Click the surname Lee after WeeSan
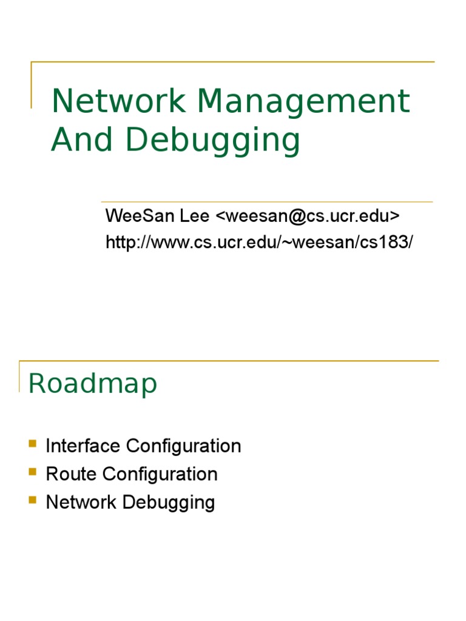pos(196,216)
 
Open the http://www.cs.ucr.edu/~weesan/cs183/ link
pos(259,242)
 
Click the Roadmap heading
pos(93,384)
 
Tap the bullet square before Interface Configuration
pos(32,444)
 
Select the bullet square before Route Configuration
pos(32,472)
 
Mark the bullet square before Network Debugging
pos(32,500)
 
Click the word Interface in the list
pos(83,446)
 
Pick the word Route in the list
pos(69,474)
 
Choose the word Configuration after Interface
pos(184,447)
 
